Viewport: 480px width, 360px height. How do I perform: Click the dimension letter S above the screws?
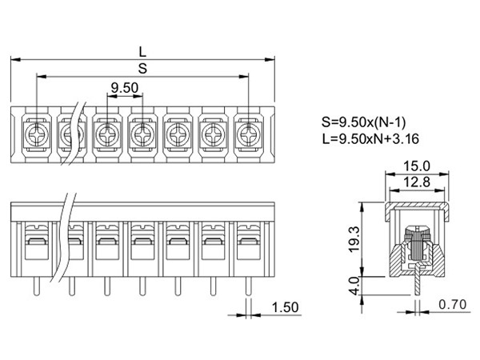(x=142, y=69)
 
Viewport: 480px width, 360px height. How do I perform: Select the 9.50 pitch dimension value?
(x=124, y=87)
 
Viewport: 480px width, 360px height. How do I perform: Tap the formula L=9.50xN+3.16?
(x=370, y=140)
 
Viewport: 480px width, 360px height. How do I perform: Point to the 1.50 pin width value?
(x=286, y=306)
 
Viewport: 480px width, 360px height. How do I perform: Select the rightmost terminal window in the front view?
(x=247, y=244)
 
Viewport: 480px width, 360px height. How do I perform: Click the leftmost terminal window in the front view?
(x=35, y=244)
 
